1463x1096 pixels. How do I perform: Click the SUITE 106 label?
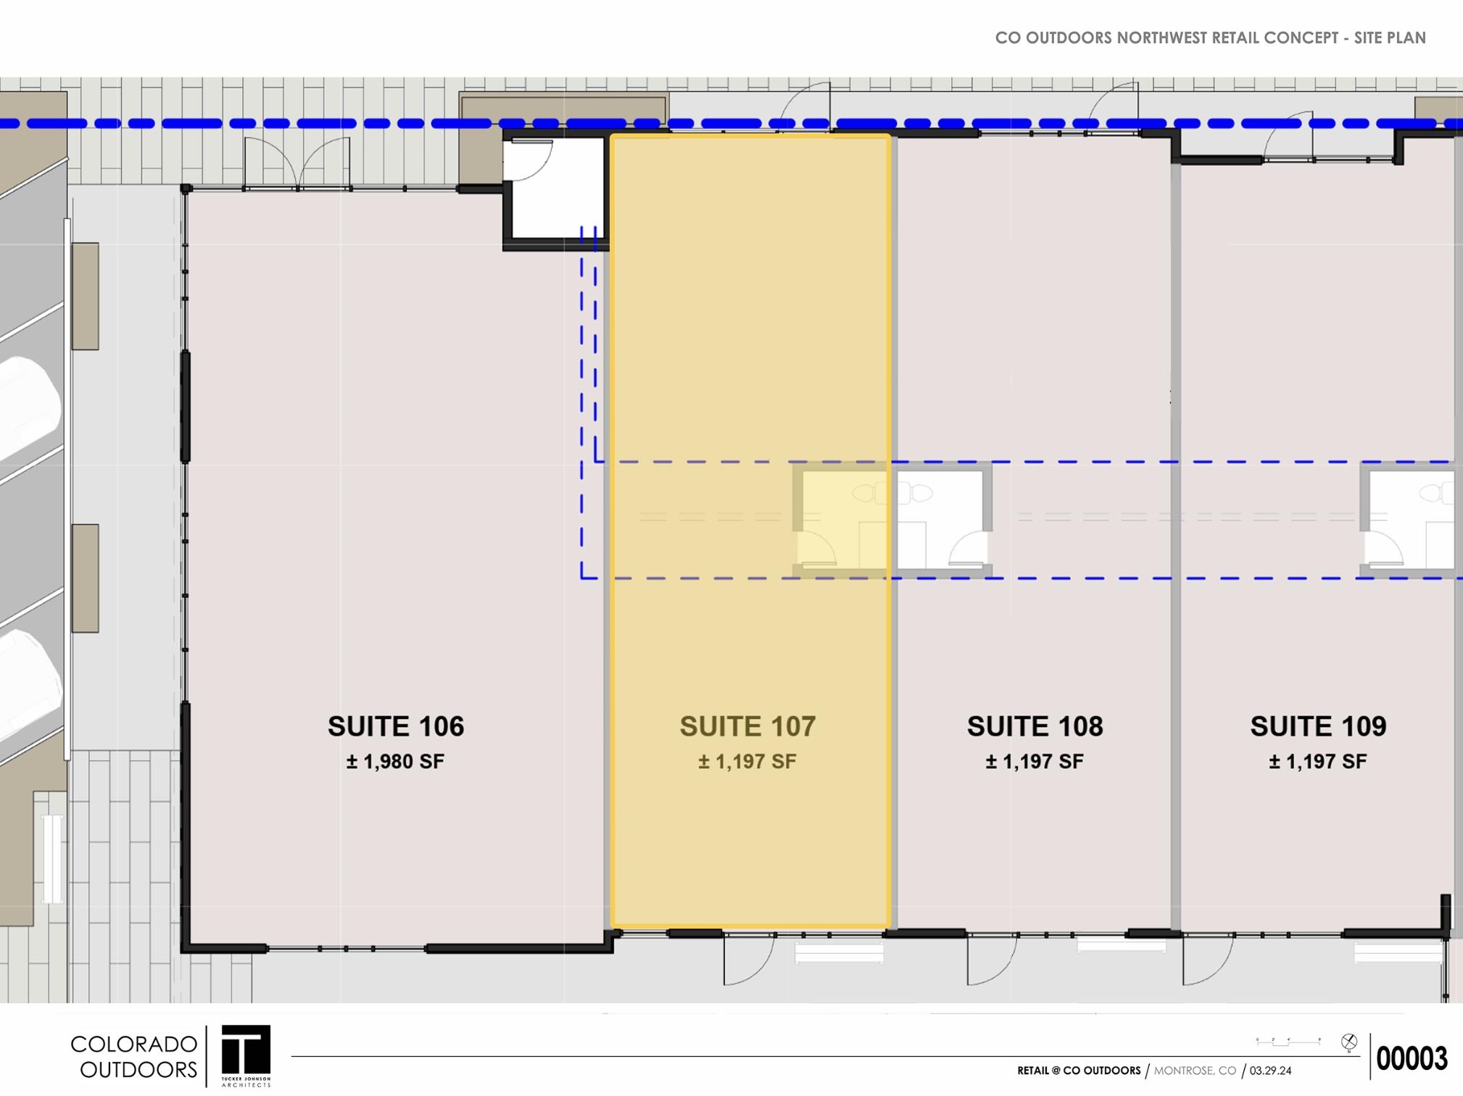396,726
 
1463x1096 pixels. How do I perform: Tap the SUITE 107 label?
747,726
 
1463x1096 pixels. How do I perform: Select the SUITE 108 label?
1035,726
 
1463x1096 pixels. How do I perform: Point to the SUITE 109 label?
1318,726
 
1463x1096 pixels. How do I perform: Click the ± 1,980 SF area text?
395,762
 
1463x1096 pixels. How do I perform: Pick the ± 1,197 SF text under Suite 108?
1035,762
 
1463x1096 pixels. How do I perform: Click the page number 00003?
1412,1059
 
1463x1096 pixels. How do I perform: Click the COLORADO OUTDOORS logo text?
134,1056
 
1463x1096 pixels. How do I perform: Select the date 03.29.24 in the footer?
1270,1071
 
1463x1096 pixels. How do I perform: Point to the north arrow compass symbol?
1349,1042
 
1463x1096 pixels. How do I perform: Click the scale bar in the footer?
1288,1042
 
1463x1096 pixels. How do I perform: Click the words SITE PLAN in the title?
1390,38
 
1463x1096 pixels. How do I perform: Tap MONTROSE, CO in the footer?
1195,1071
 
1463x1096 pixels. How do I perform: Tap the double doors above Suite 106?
298,164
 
